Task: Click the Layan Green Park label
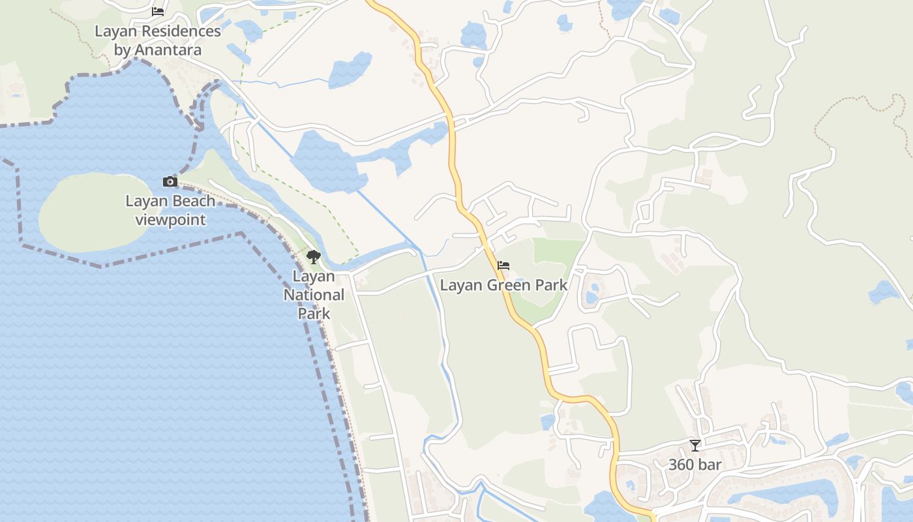point(503,285)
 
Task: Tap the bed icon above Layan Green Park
point(503,266)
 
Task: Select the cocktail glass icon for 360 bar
point(695,446)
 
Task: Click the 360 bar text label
point(695,465)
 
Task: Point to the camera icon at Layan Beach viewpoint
point(170,182)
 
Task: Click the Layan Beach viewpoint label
point(170,210)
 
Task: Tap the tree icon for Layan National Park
point(314,256)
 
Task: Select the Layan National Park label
point(314,295)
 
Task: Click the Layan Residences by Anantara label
point(158,40)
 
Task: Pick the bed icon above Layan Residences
point(158,11)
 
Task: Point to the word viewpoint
point(170,220)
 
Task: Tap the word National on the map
point(314,295)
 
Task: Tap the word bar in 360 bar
point(708,465)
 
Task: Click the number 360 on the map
point(681,465)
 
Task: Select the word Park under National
point(314,313)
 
